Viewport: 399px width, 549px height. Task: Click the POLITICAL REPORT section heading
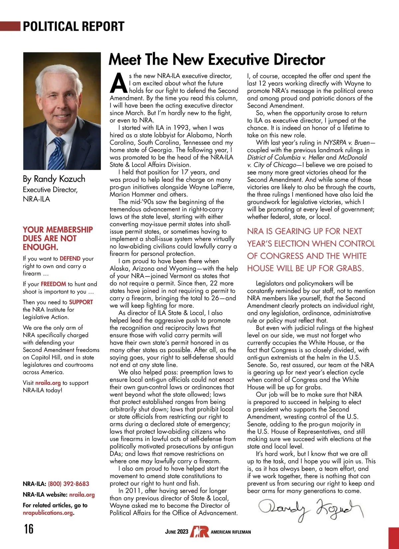[x=73, y=26]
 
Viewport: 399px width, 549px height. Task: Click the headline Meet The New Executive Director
[x=217, y=60]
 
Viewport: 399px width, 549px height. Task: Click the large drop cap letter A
[x=118, y=83]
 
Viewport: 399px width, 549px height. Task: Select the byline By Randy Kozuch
[x=54, y=179]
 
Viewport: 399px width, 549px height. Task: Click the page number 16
[x=29, y=528]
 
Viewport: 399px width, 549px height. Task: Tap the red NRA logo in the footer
[x=199, y=531]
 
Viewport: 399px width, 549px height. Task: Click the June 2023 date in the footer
[x=177, y=532]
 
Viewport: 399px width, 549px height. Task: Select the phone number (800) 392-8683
[x=68, y=484]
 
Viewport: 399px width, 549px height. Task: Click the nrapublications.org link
[x=48, y=513]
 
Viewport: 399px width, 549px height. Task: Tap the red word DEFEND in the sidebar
[x=70, y=259]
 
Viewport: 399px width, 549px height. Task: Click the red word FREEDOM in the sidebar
[x=53, y=284]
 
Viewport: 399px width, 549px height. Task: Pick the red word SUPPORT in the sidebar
[x=81, y=302]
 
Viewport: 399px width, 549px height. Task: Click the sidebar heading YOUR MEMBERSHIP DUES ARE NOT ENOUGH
[x=58, y=238]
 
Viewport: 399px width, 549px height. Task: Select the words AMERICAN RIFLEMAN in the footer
[x=231, y=532]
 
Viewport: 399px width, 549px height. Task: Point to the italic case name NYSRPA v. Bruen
[x=347, y=143]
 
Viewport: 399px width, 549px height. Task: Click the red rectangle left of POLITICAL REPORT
[x=10, y=26]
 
